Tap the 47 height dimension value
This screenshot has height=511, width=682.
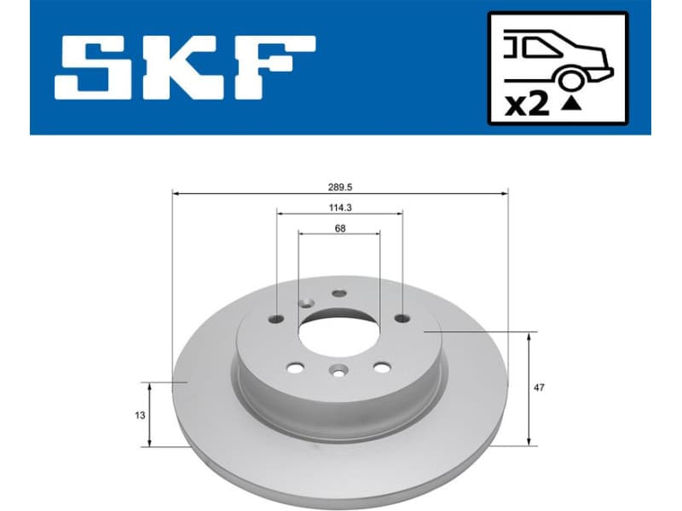[x=538, y=388]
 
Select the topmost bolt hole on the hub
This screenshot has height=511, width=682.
[x=339, y=293]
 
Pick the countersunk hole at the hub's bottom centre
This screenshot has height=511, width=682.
[x=338, y=370]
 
